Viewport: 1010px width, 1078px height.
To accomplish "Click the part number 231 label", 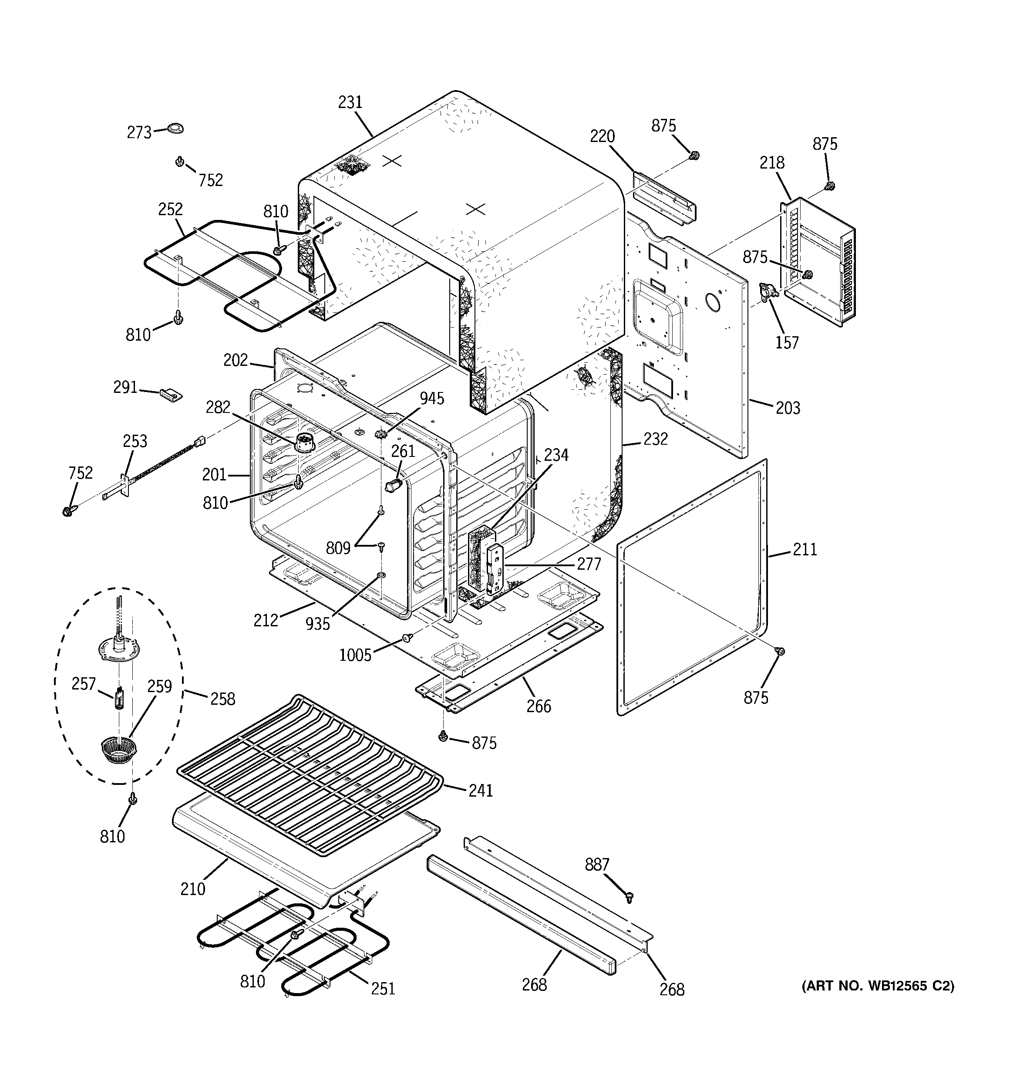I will pos(350,102).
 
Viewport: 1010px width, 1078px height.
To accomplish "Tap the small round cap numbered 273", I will pos(175,128).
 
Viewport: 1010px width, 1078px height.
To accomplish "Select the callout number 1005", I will pos(356,655).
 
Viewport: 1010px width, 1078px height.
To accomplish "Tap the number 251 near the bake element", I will pos(383,989).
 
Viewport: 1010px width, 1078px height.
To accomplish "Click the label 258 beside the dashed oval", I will pos(223,699).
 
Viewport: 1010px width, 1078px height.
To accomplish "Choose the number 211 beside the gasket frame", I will pos(805,549).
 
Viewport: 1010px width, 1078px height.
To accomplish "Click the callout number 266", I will pos(539,706).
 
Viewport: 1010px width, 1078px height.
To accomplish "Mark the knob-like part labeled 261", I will pos(393,484).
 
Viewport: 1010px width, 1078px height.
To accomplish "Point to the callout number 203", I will pos(787,408).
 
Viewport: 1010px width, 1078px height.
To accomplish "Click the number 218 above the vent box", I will pos(772,162).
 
